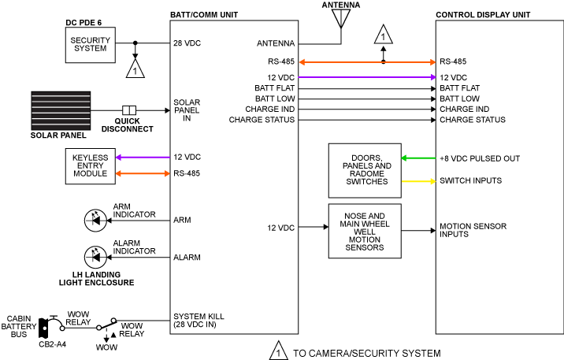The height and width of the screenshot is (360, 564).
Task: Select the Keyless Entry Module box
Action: click(90, 166)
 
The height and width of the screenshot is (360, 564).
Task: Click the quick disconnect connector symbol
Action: click(130, 109)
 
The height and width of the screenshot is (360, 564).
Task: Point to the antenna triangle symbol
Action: click(341, 18)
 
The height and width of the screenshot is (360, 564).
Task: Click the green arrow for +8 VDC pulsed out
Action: click(417, 158)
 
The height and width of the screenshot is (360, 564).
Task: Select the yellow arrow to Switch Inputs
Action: click(417, 181)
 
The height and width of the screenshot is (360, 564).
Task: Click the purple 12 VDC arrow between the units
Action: click(366, 77)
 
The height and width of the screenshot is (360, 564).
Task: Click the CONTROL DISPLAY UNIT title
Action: click(482, 15)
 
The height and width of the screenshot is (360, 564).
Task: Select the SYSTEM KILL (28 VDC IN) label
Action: click(199, 321)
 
